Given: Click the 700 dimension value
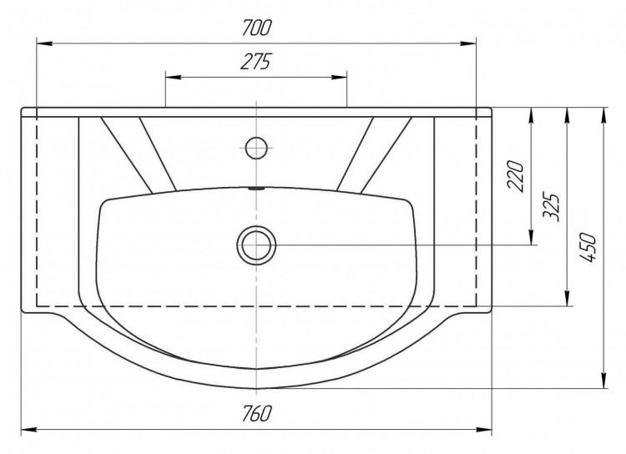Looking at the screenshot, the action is click(257, 28).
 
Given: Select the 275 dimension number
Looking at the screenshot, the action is click(256, 61).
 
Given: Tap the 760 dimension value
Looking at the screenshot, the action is click(257, 413).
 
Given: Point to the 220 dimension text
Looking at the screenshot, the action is click(515, 176).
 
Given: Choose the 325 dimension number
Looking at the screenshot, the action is click(552, 208).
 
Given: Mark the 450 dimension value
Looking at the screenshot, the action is click(588, 247).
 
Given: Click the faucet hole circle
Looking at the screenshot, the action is click(256, 148).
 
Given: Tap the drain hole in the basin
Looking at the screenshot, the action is click(257, 245).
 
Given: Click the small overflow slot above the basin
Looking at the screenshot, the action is click(256, 189).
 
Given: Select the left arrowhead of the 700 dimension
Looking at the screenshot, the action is click(44, 43).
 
